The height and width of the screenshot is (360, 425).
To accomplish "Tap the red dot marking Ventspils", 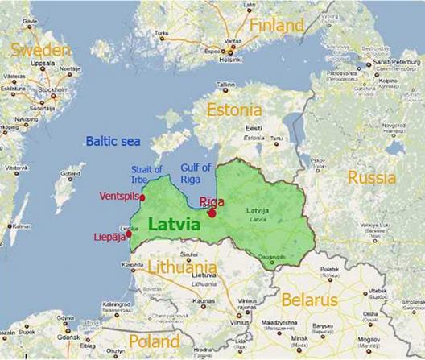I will coord(142,197).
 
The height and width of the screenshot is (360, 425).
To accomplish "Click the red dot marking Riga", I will coord(211,213).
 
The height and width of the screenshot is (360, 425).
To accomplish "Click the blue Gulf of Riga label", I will coord(196,173).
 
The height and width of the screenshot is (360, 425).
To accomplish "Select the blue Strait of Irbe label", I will coord(146,174).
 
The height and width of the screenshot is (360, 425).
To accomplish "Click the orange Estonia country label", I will coord(233,110).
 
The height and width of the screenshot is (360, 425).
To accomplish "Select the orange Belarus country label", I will coord(309,300).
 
